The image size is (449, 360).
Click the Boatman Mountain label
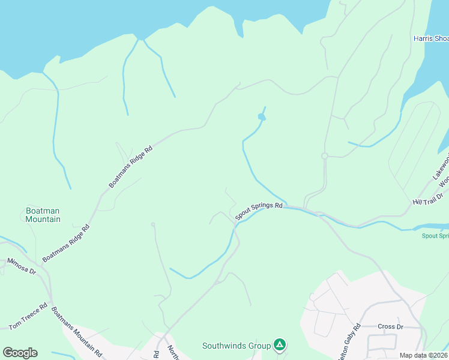click(x=43, y=215)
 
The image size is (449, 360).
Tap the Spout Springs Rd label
click(x=259, y=211)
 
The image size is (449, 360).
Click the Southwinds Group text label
click(x=237, y=346)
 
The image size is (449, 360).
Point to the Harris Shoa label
click(x=430, y=38)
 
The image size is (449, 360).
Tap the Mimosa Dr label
click(x=22, y=266)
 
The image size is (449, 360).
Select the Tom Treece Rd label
click(x=28, y=316)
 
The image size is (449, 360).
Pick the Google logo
click(x=20, y=353)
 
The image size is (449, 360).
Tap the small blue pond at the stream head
click(x=261, y=116)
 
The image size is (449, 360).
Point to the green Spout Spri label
click(x=435, y=235)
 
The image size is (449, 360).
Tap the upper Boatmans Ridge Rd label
click(x=131, y=166)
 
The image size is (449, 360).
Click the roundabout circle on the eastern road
click(x=325, y=156)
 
